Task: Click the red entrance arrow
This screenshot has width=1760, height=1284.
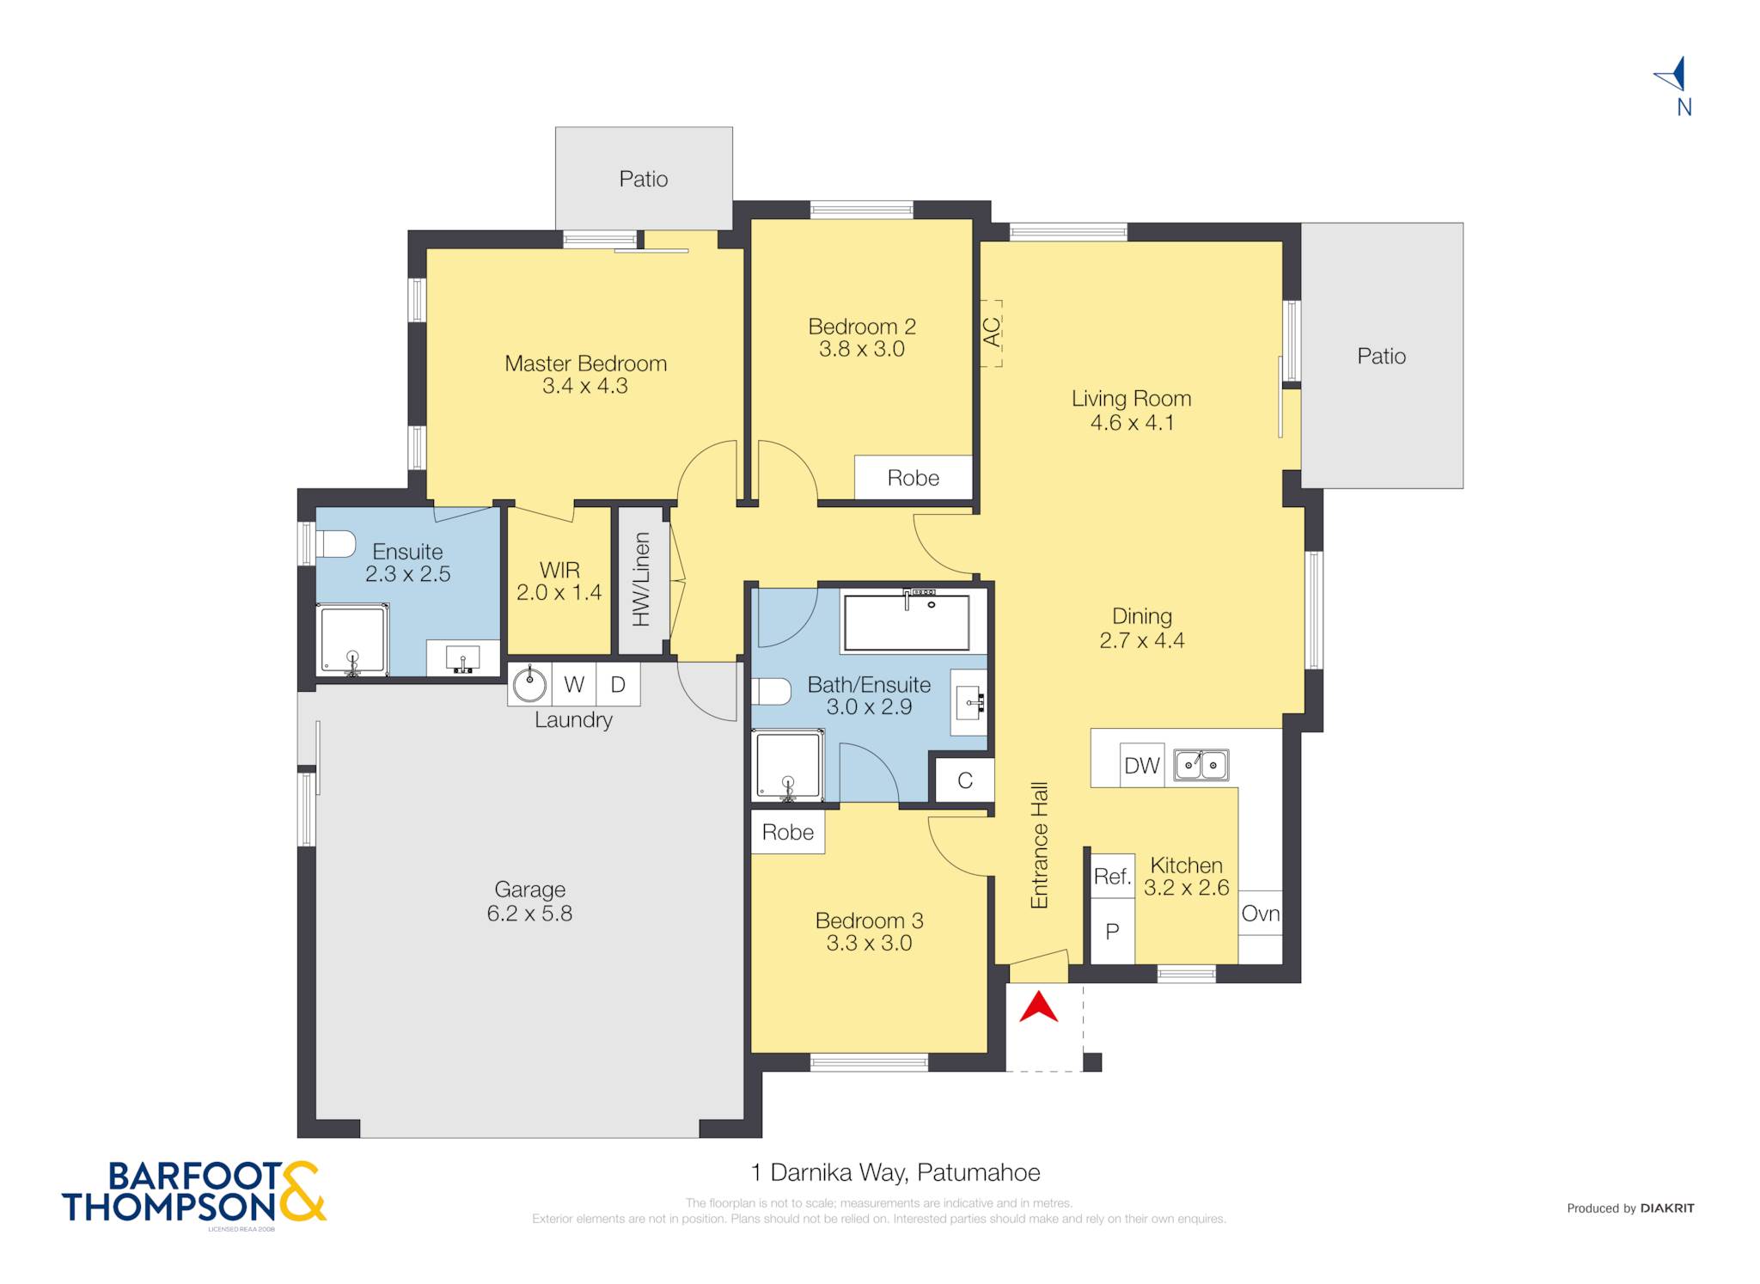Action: (1038, 1007)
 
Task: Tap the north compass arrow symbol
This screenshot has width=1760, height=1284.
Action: (1672, 75)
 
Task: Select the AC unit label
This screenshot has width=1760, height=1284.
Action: (992, 333)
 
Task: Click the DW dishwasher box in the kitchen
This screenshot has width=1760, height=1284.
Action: (1142, 765)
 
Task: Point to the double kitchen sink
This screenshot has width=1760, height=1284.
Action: (1201, 764)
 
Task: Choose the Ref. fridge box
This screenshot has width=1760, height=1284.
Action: (1112, 877)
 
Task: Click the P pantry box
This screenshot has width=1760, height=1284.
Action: (1112, 931)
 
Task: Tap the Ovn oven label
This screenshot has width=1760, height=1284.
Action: (1261, 914)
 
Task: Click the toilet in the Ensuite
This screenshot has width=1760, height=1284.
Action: (337, 544)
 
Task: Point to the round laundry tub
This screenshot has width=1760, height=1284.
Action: (529, 685)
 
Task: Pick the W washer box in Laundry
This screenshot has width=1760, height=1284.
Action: (574, 684)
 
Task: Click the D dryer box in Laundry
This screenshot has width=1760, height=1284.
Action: (618, 684)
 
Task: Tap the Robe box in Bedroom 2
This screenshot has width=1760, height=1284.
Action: (913, 477)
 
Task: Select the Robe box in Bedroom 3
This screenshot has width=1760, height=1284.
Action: (788, 832)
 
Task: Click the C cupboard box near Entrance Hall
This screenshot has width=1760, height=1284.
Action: (965, 780)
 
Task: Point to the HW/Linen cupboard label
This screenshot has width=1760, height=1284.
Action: (642, 579)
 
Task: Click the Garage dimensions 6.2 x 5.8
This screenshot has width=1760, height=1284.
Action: (529, 914)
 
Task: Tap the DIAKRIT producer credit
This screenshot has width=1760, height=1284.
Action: (1667, 1208)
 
